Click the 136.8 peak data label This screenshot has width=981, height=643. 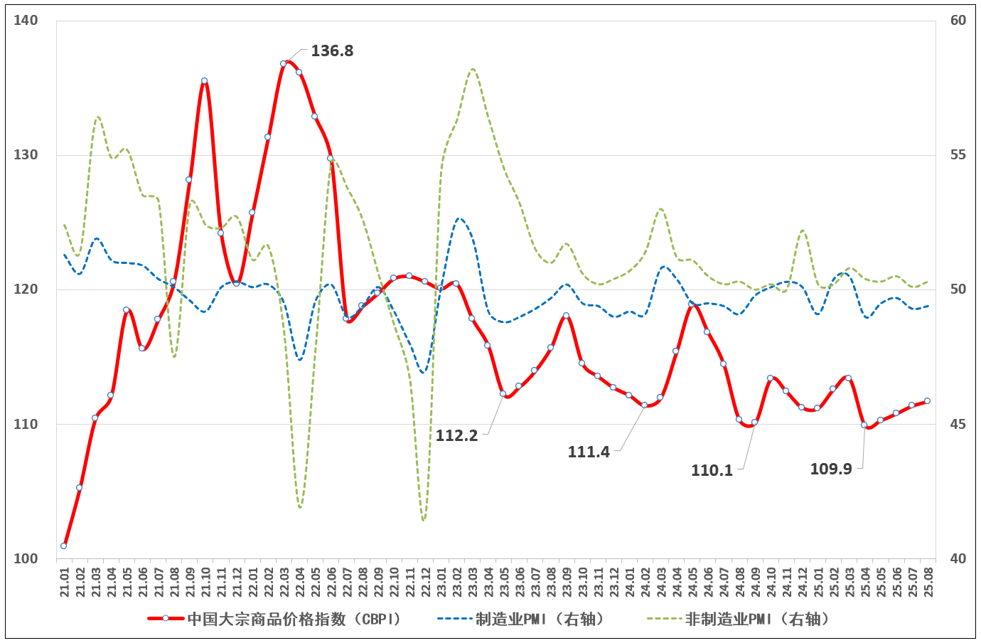point(332,51)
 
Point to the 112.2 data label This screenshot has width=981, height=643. point(456,435)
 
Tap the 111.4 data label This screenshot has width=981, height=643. point(589,452)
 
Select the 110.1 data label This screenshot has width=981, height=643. point(712,470)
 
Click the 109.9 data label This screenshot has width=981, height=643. point(831,469)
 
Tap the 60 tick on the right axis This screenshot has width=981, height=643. point(958,20)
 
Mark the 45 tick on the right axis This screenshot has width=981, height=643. point(958,424)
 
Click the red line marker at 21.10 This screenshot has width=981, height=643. point(204,81)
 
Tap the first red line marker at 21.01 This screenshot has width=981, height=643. point(64,546)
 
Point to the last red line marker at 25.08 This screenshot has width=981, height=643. point(927,400)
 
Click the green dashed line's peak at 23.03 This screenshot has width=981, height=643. point(473,69)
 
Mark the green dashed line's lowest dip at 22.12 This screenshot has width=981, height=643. point(424,520)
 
